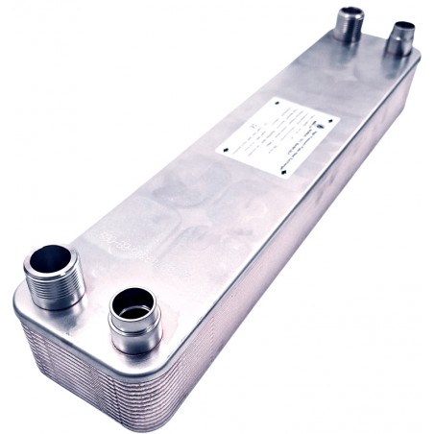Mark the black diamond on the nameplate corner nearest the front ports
click(x=226, y=155)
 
